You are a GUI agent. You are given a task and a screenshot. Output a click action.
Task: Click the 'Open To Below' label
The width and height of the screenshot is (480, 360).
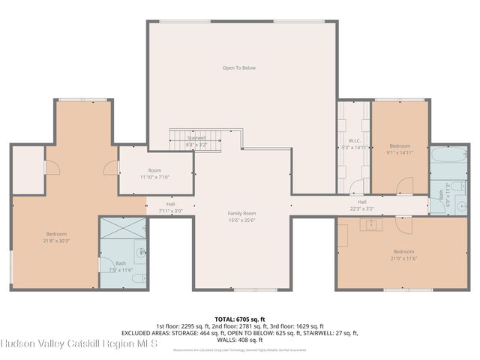point(238,67)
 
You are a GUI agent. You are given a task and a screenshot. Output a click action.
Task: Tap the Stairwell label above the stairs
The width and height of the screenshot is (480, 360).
point(196,138)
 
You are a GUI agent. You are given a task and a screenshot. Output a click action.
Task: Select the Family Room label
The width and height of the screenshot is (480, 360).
point(241,213)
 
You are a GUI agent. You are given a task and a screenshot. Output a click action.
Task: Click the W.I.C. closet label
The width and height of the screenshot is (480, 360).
point(355,140)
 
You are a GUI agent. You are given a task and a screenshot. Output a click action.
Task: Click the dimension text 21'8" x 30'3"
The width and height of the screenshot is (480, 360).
point(57,241)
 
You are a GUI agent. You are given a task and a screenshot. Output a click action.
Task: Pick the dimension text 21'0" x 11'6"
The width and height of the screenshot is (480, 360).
point(403,258)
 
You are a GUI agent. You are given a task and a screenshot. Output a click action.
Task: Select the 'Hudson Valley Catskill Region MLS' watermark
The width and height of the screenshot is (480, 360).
point(79,344)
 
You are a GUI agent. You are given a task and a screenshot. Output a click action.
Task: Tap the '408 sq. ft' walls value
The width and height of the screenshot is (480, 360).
point(251,339)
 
